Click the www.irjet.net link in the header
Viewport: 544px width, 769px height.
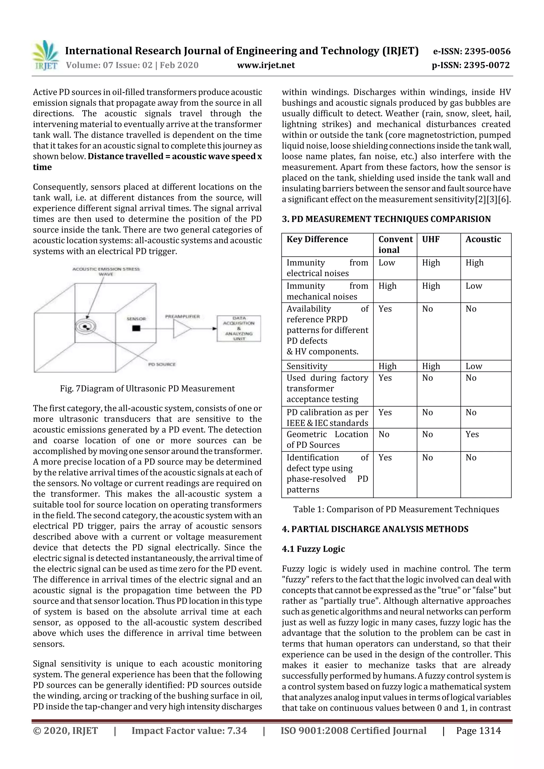[x=266, y=65]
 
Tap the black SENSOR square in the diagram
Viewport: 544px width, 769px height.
[x=136, y=328]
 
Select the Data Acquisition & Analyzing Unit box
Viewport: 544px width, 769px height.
[x=239, y=328]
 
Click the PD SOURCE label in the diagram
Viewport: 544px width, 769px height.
[x=162, y=364]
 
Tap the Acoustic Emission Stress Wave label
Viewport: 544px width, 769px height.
[x=106, y=271]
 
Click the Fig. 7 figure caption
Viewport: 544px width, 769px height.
[x=147, y=389]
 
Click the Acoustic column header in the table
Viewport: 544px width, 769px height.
[x=483, y=239]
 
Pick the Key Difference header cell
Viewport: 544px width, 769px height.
[x=317, y=239]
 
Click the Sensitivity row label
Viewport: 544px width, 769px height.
[x=307, y=366]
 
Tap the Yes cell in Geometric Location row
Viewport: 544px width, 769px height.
[x=472, y=435]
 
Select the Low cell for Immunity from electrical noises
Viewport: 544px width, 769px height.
[x=387, y=263]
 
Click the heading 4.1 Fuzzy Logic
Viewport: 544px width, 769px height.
[x=313, y=549]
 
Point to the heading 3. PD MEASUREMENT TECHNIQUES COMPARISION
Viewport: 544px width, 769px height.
[x=386, y=219]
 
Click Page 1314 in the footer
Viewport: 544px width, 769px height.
[x=478, y=731]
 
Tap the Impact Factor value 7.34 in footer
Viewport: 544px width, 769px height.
[x=189, y=731]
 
